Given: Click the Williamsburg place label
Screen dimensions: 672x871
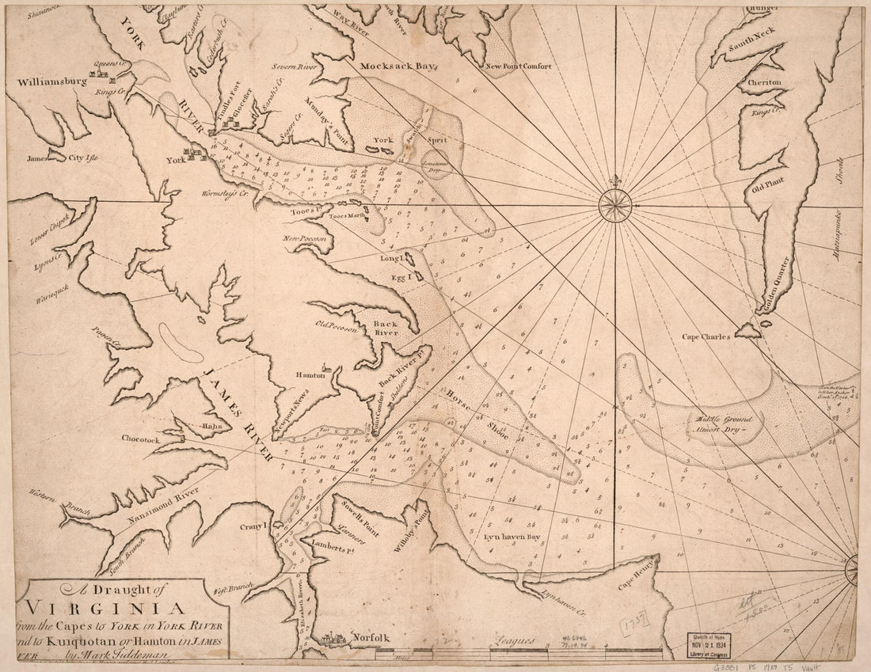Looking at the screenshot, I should tap(49, 81).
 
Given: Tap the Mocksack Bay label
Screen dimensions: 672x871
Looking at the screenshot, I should tap(394, 67).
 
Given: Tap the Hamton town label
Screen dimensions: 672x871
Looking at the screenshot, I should tap(311, 375).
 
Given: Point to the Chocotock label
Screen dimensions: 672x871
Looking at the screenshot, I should tap(141, 436).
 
